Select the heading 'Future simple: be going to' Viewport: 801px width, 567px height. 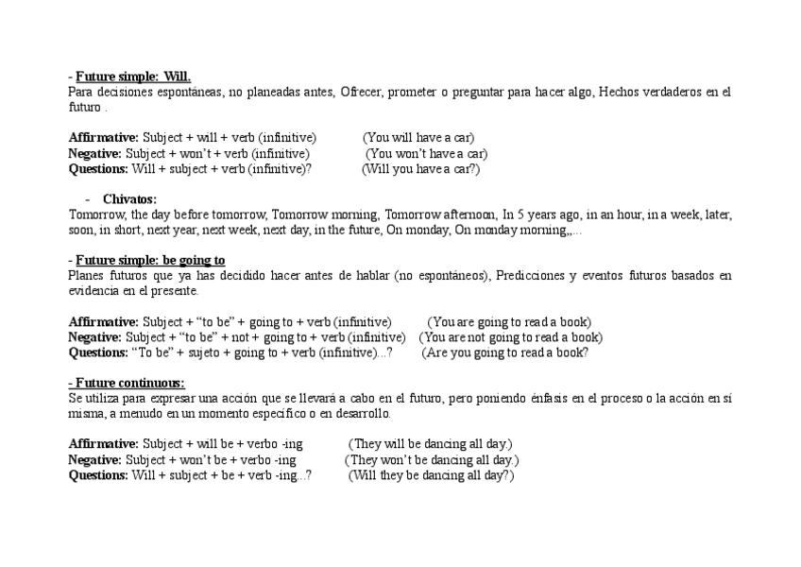[x=150, y=260]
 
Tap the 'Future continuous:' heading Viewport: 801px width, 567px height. [x=127, y=383]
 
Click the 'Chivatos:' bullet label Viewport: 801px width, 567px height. [x=129, y=199]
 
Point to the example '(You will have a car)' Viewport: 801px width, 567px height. [x=418, y=138]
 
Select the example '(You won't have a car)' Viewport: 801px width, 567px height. [x=427, y=154]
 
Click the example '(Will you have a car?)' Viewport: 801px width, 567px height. [x=421, y=169]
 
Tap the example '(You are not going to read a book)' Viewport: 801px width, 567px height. [x=510, y=337]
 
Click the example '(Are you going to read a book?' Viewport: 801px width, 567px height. [x=505, y=352]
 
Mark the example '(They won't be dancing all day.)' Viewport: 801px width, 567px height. [x=432, y=460]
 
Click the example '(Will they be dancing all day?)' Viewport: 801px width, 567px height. [x=431, y=475]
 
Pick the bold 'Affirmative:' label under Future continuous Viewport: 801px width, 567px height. [x=104, y=444]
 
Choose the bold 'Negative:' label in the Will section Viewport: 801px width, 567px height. [x=94, y=154]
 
